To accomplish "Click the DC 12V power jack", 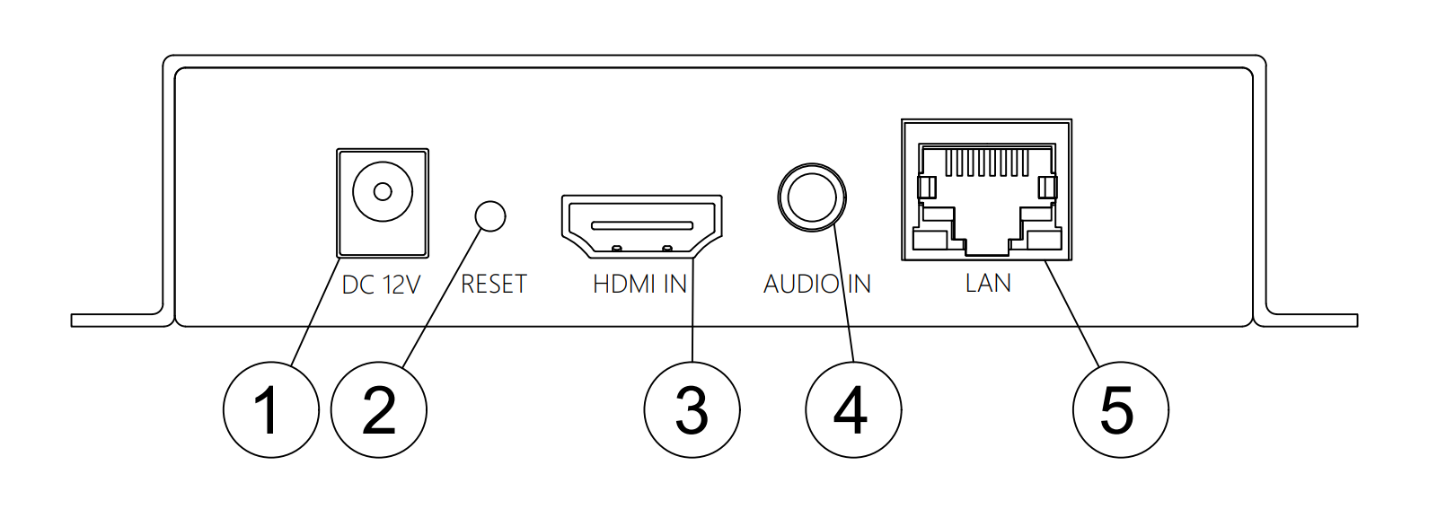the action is pos(383,203).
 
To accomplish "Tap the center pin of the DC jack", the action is pos(383,192).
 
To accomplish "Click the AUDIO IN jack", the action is pos(812,198).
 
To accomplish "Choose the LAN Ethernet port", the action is pos(987,189).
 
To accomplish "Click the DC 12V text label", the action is pos(381,285).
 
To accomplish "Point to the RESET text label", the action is pos(494,284).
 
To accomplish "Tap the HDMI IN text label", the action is pos(639,284).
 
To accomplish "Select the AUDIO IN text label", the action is pos(817,284).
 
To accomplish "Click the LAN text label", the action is pos(988,283).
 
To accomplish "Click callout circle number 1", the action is pos(270,410).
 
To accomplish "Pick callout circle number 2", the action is pos(378,410).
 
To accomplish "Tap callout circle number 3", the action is pos(692,410).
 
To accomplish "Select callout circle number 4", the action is pos(853,410).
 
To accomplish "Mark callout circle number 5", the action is pos(1121,410).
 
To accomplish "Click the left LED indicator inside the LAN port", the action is pos(927,188).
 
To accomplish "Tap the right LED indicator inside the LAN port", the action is pos(1047,188).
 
